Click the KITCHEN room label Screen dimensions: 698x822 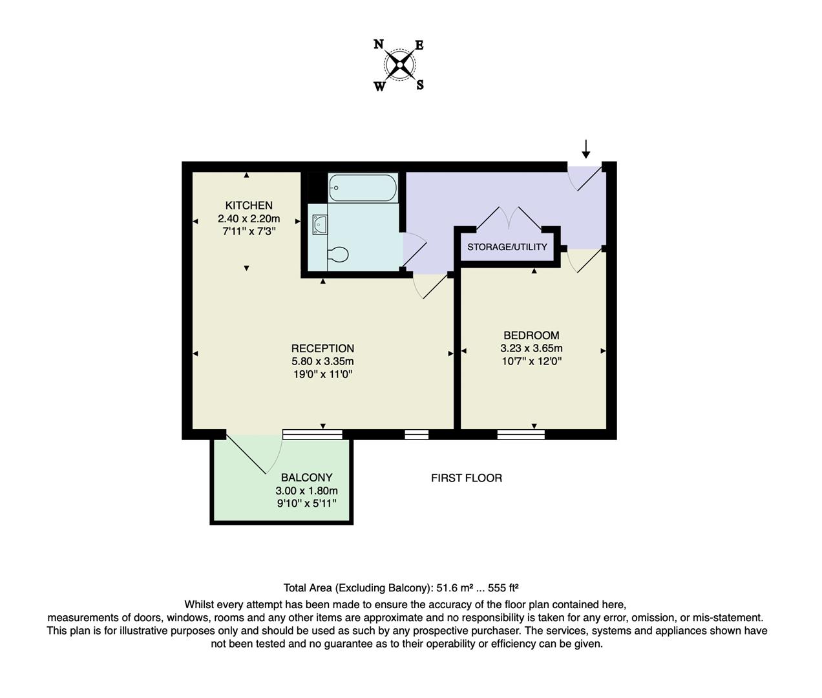point(249,206)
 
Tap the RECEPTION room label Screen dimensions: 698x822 point(322,348)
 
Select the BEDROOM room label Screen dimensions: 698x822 point(531,335)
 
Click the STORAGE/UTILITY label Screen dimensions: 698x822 point(507,247)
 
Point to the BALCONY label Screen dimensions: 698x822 point(306,478)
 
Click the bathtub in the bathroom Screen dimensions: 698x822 point(362,187)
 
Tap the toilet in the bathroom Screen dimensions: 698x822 point(338,254)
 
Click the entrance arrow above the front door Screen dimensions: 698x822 point(585,149)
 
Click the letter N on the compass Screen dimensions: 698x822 point(379,45)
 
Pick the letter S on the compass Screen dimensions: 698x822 point(420,85)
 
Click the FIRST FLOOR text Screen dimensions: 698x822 point(467,478)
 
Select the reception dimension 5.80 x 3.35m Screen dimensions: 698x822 point(322,361)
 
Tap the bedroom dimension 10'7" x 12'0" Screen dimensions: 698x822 point(531,361)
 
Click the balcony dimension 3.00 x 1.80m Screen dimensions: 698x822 point(306,491)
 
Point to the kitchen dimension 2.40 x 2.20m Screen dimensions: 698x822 point(249,218)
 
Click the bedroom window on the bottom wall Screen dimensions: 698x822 point(521,434)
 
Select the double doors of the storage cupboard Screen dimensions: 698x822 point(509,218)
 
